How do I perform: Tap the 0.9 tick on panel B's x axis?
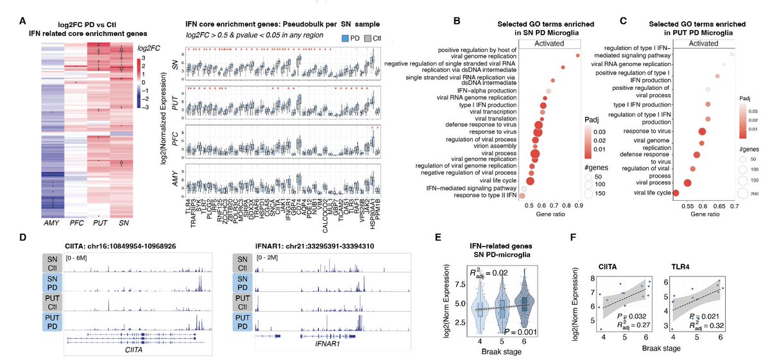tap(578, 207)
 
